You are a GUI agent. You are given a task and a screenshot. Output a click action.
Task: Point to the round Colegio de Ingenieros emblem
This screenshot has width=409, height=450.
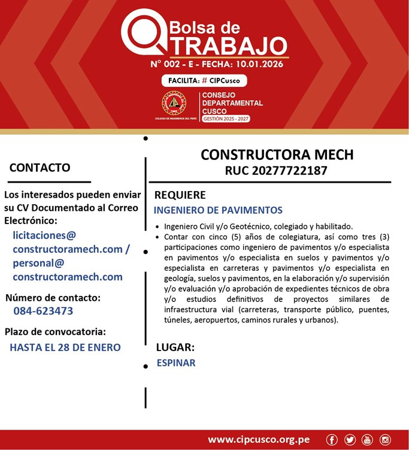(174, 104)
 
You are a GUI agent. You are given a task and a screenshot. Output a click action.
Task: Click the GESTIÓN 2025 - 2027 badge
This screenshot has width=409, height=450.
(226, 119)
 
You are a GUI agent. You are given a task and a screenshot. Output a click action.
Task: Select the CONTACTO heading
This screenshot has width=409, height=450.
(40, 168)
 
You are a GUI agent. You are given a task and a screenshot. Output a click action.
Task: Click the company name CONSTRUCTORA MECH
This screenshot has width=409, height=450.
(277, 155)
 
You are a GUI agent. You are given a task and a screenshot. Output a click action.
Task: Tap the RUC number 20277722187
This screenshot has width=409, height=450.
(276, 171)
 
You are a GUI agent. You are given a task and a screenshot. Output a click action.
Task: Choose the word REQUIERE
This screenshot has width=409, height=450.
(180, 195)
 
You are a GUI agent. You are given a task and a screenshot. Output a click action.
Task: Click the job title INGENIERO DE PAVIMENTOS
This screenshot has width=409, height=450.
(218, 210)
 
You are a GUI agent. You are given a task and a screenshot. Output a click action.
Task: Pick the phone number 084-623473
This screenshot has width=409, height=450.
(44, 311)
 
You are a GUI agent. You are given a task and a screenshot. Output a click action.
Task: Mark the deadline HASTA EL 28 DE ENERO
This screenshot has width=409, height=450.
(65, 347)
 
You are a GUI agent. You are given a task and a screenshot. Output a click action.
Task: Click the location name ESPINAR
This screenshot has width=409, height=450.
(176, 363)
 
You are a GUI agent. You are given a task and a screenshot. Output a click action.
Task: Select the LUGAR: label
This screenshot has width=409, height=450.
(175, 347)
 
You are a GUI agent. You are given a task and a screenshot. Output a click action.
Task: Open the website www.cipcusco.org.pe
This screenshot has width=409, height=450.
(259, 440)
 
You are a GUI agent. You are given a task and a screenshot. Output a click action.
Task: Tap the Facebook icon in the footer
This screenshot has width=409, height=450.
(332, 440)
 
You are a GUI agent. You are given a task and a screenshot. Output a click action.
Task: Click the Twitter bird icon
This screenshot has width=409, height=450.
(350, 440)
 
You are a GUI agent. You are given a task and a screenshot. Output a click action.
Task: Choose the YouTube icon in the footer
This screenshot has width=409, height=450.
(367, 440)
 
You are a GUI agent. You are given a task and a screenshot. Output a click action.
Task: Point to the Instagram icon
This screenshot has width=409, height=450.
(385, 440)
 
